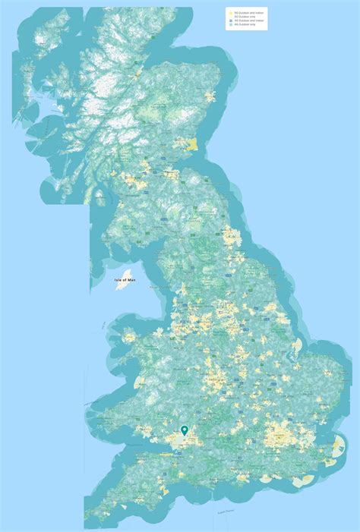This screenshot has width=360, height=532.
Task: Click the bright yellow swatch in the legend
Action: (229, 12)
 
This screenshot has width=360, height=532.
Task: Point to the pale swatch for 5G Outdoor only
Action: (229, 17)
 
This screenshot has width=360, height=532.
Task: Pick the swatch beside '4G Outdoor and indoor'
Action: (229, 21)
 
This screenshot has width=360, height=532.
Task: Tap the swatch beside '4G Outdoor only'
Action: (229, 26)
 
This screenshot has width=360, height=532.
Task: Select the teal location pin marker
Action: (184, 430)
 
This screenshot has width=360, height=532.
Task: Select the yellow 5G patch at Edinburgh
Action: (175, 174)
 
